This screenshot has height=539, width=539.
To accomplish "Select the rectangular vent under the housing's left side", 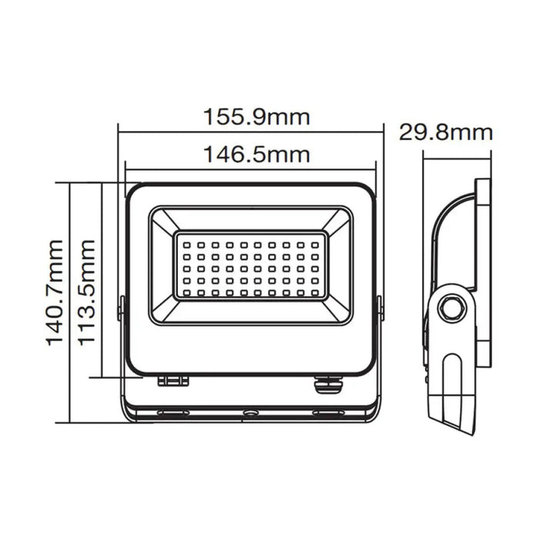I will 173,380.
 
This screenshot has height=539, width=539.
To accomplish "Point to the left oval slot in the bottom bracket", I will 173,413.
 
